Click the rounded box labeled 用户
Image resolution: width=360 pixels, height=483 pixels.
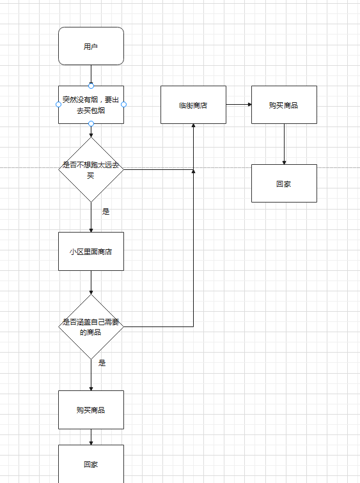(x=91, y=46)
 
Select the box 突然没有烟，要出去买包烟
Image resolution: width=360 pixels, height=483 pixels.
(x=91, y=105)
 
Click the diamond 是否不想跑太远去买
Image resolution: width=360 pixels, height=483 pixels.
(x=91, y=169)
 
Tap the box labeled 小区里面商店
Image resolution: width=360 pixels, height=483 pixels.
(x=91, y=251)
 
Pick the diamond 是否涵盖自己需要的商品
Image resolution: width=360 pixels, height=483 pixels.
(x=91, y=326)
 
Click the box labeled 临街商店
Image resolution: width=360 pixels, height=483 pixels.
(x=193, y=105)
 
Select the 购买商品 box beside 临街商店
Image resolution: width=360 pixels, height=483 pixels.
(x=284, y=105)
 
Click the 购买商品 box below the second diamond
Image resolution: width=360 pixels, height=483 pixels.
(x=91, y=410)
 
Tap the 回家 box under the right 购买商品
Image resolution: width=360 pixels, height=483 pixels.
(x=284, y=183)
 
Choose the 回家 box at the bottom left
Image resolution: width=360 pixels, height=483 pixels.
(x=91, y=464)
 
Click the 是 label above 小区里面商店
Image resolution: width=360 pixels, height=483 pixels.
(x=106, y=211)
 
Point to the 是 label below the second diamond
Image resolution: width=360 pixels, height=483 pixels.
(x=102, y=363)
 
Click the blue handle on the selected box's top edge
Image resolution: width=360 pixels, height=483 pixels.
(x=91, y=86)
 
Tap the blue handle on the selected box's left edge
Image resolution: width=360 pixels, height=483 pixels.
(x=59, y=104)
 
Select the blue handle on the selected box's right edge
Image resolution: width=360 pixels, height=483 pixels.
(x=123, y=104)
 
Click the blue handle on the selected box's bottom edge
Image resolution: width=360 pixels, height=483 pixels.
(x=91, y=123)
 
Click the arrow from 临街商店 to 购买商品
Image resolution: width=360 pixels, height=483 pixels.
(x=239, y=104)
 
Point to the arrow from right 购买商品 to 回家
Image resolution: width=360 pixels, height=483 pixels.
(x=284, y=144)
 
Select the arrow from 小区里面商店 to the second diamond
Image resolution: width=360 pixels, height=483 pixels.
(x=91, y=282)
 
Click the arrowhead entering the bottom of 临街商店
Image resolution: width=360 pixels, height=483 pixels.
(x=193, y=126)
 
